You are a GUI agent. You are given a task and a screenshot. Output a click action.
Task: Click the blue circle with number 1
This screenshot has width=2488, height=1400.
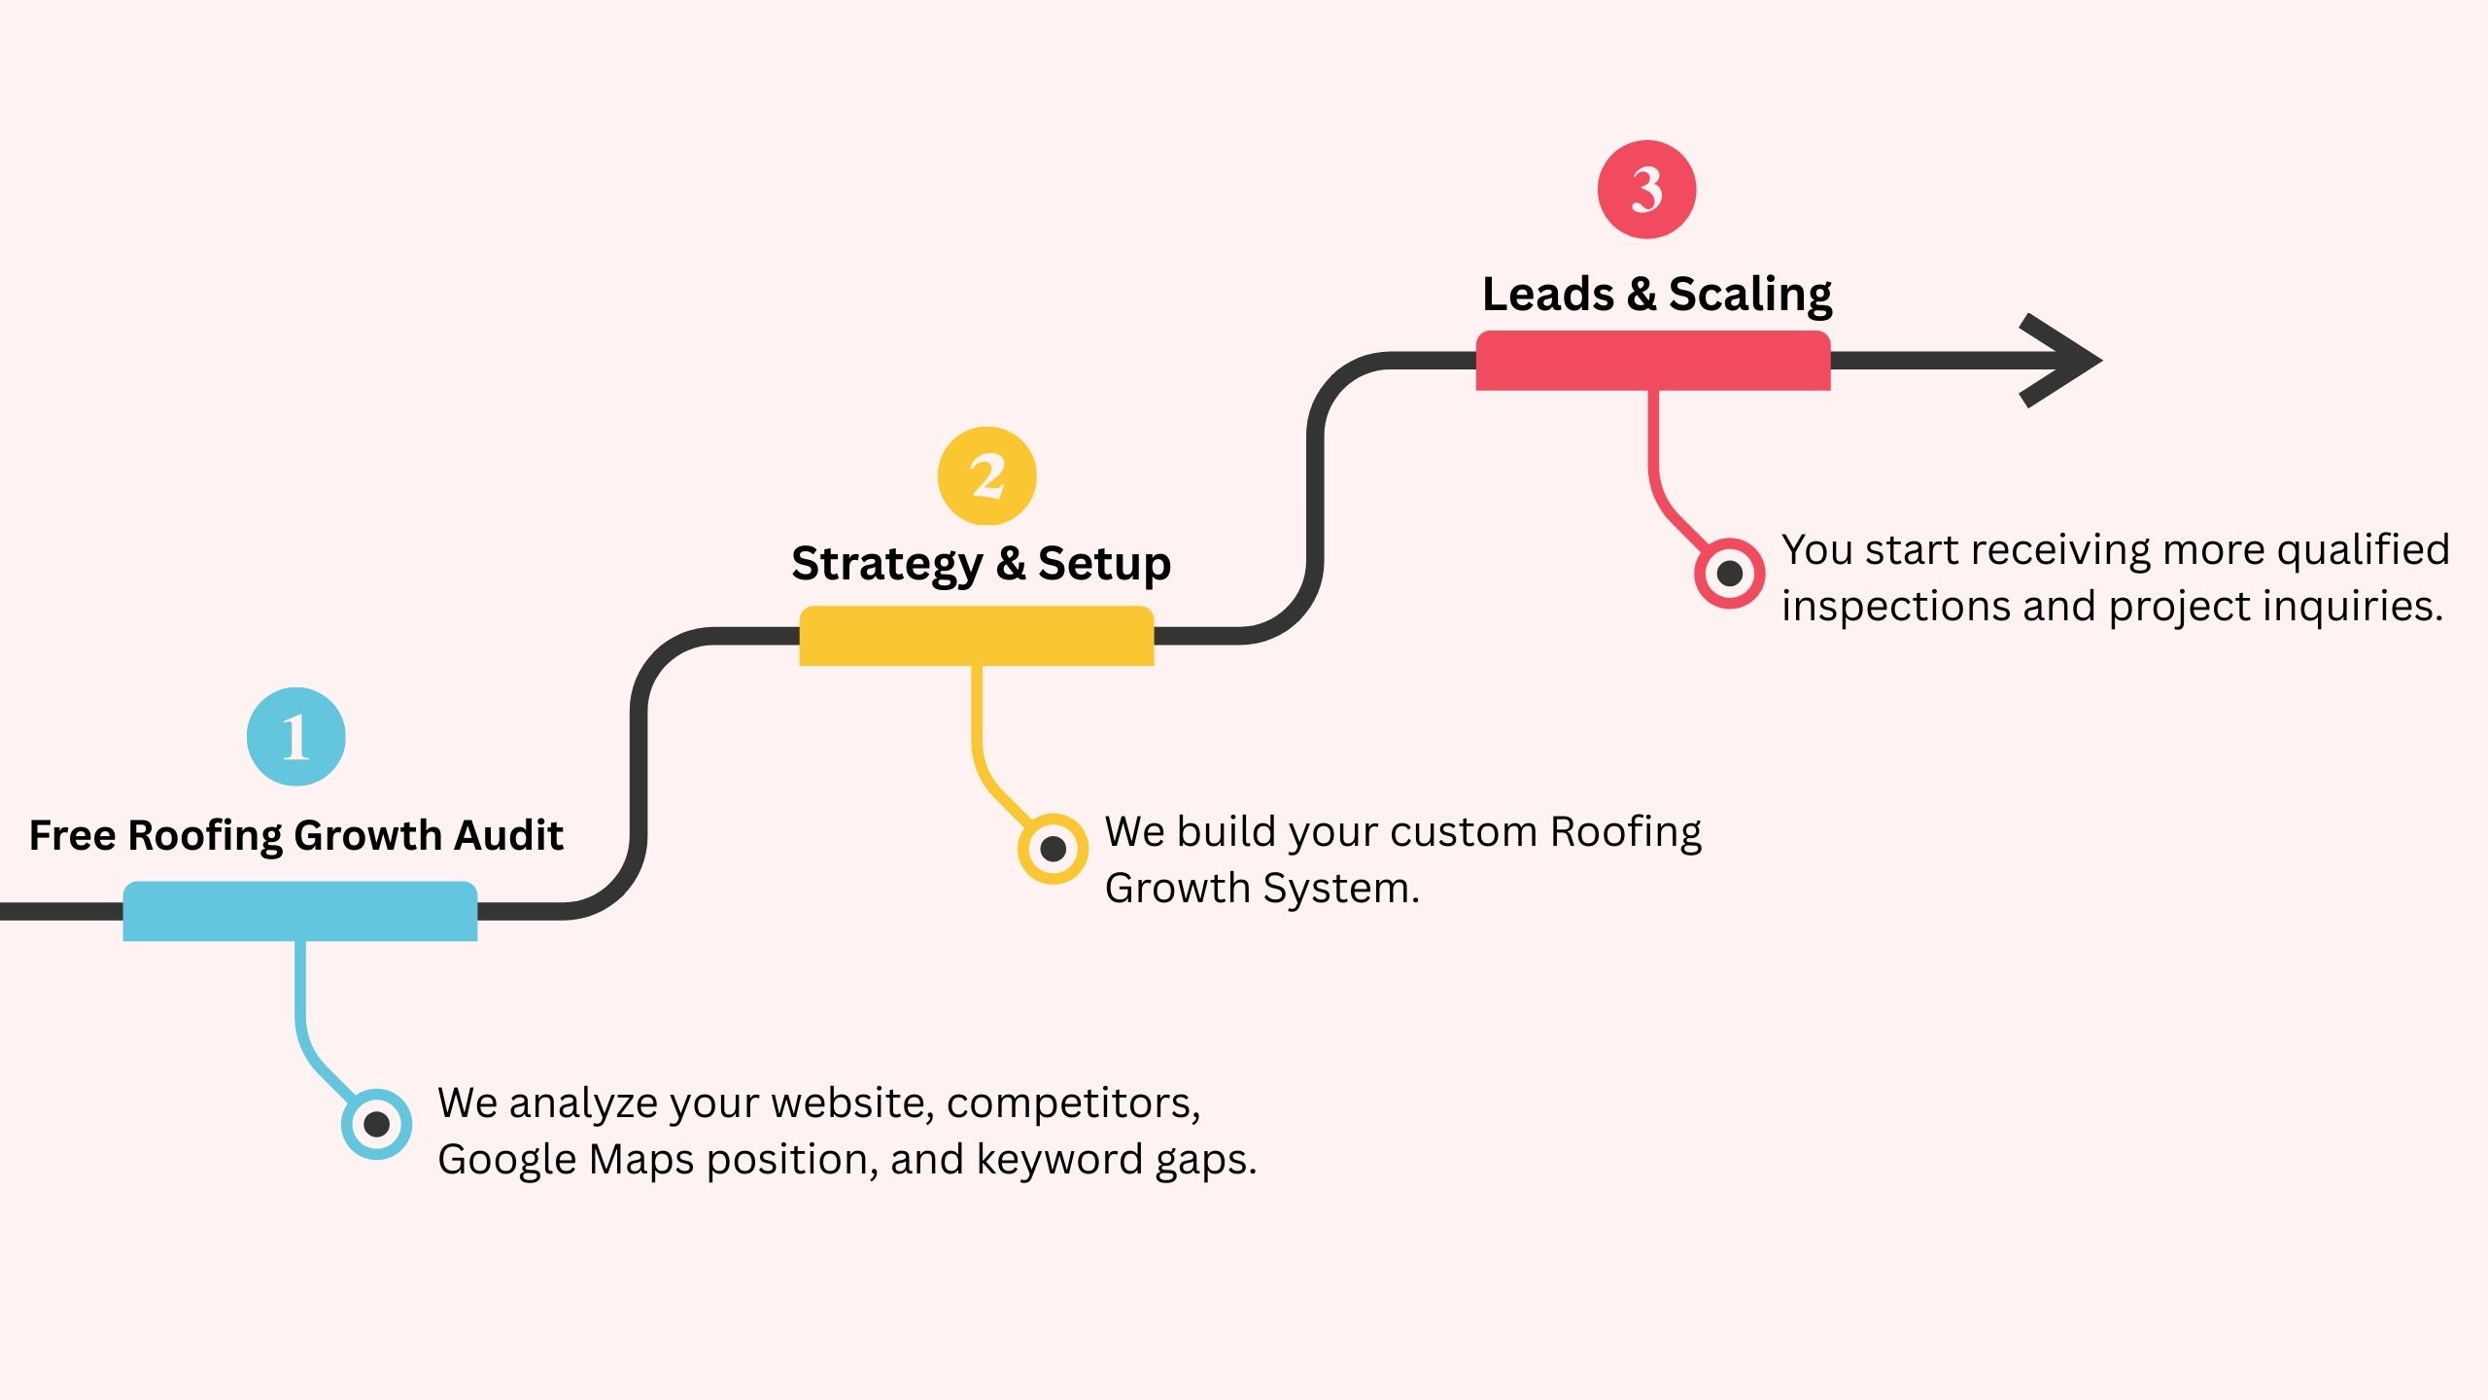[296, 737]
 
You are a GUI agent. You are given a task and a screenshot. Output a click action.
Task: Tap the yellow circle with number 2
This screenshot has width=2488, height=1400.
[986, 476]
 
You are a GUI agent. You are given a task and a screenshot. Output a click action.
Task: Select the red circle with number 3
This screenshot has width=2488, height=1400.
[1646, 190]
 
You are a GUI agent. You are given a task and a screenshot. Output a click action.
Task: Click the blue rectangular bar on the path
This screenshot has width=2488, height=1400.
[299, 911]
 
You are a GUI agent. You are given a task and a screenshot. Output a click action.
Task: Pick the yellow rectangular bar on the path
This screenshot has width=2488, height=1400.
[976, 636]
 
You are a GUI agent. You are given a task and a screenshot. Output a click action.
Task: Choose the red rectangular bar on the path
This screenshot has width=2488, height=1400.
[1652, 361]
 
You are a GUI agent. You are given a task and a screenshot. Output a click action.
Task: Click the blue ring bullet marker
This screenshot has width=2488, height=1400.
[376, 1124]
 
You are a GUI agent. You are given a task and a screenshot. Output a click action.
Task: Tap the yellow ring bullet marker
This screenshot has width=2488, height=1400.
[1053, 849]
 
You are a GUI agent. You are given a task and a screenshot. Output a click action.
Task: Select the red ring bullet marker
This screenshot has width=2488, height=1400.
[1729, 573]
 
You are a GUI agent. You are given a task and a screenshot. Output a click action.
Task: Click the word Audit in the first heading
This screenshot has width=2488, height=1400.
[508, 835]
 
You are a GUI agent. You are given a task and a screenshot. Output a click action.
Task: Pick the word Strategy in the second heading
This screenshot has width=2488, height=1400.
[886, 565]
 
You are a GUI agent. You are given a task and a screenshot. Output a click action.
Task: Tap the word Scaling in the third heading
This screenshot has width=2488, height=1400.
[1749, 295]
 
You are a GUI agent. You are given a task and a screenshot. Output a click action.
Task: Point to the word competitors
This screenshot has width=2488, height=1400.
[1073, 1103]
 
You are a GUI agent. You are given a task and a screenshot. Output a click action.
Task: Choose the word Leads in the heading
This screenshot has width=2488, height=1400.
[1547, 295]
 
